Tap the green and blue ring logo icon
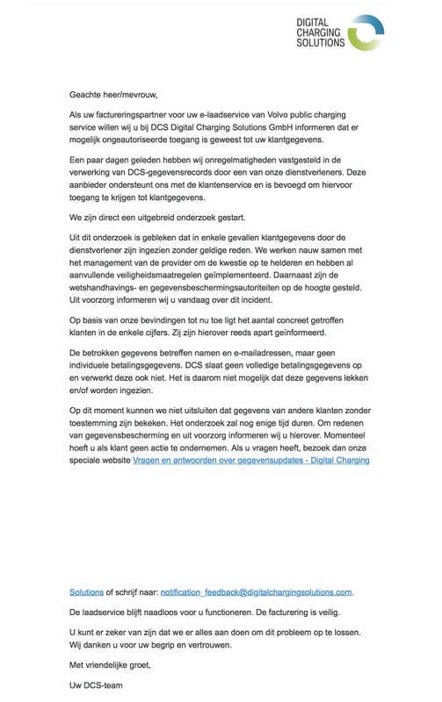click(364, 33)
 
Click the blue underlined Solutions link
click(86, 591)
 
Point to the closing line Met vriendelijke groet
click(111, 664)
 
